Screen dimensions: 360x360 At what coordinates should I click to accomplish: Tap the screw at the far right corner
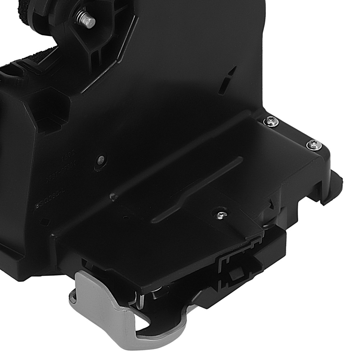[x=313, y=145]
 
